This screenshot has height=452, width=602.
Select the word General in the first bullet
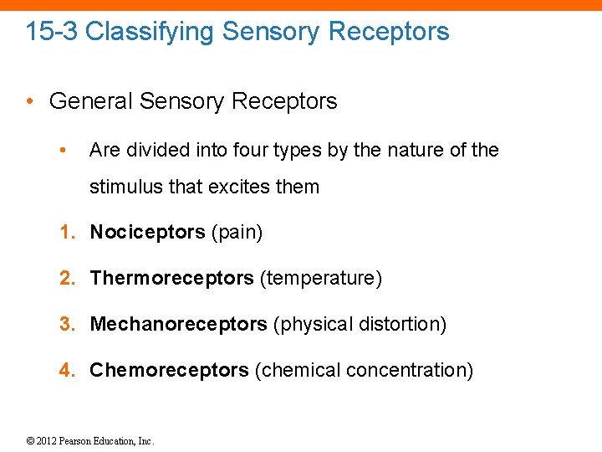(x=90, y=101)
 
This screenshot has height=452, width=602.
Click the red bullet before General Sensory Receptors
(x=29, y=102)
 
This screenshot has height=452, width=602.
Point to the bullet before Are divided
(x=63, y=151)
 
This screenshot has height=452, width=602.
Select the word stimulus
(x=125, y=187)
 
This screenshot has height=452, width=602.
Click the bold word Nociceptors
(x=147, y=232)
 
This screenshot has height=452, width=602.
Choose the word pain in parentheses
(x=237, y=233)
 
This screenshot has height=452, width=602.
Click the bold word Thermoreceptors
(x=171, y=278)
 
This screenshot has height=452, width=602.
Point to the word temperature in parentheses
(x=321, y=278)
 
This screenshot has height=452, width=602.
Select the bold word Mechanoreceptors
(x=178, y=324)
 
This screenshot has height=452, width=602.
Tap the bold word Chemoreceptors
(x=169, y=370)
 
